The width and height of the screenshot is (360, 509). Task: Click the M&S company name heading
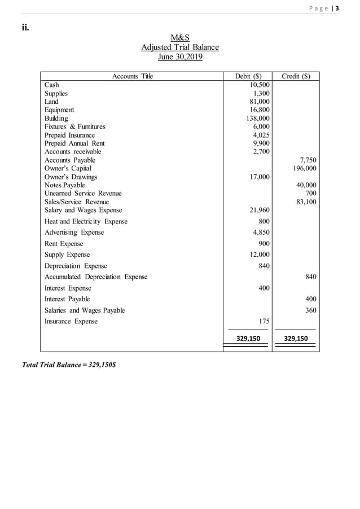pos(180,38)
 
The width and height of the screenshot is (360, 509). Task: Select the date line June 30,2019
pos(180,56)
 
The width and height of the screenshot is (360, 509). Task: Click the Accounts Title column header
pos(133,76)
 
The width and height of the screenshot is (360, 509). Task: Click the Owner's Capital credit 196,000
pos(304,168)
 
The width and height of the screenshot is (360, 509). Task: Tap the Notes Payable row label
pos(65,185)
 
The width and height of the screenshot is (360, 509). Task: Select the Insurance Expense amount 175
pos(264,321)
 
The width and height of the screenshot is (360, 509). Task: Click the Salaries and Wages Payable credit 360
pos(310,310)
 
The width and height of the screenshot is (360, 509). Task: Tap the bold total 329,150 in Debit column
pos(248,339)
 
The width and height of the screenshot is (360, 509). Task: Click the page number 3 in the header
pos(337,7)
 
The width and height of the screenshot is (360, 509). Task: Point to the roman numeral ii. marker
pos(26,27)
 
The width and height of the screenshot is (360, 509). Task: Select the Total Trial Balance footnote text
pos(69,365)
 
